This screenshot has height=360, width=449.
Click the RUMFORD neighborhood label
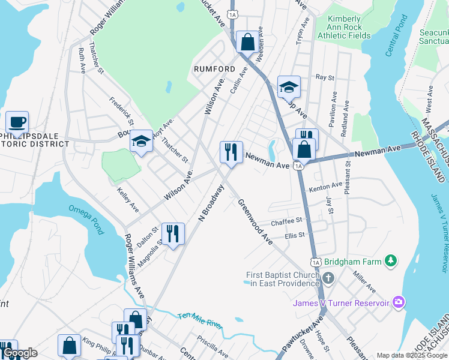[214, 69]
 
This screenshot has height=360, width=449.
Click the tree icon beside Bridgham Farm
[391, 260]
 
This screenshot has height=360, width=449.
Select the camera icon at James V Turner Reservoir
[397, 303]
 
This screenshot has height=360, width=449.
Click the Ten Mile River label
[200, 320]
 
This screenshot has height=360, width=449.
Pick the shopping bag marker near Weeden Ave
[247, 42]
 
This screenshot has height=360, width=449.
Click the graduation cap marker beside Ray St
[288, 87]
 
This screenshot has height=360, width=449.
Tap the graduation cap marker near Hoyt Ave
[141, 141]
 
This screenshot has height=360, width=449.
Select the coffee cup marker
[17, 122]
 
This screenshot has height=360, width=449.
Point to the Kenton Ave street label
[325, 187]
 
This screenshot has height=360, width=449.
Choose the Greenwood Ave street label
[255, 221]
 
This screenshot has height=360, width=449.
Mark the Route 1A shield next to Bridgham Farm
[316, 262]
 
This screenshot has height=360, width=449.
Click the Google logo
[19, 353]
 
